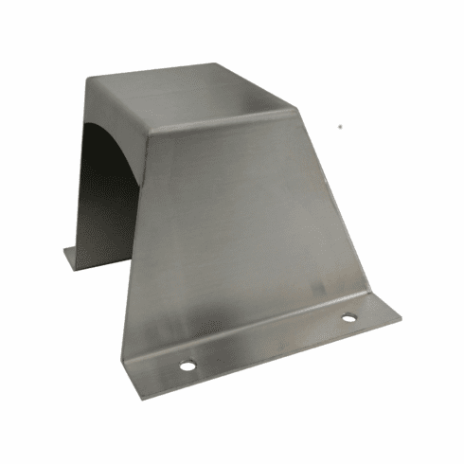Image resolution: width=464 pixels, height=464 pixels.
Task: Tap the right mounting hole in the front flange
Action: coord(348,318)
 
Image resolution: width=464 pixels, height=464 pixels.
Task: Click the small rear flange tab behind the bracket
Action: coord(76,256)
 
